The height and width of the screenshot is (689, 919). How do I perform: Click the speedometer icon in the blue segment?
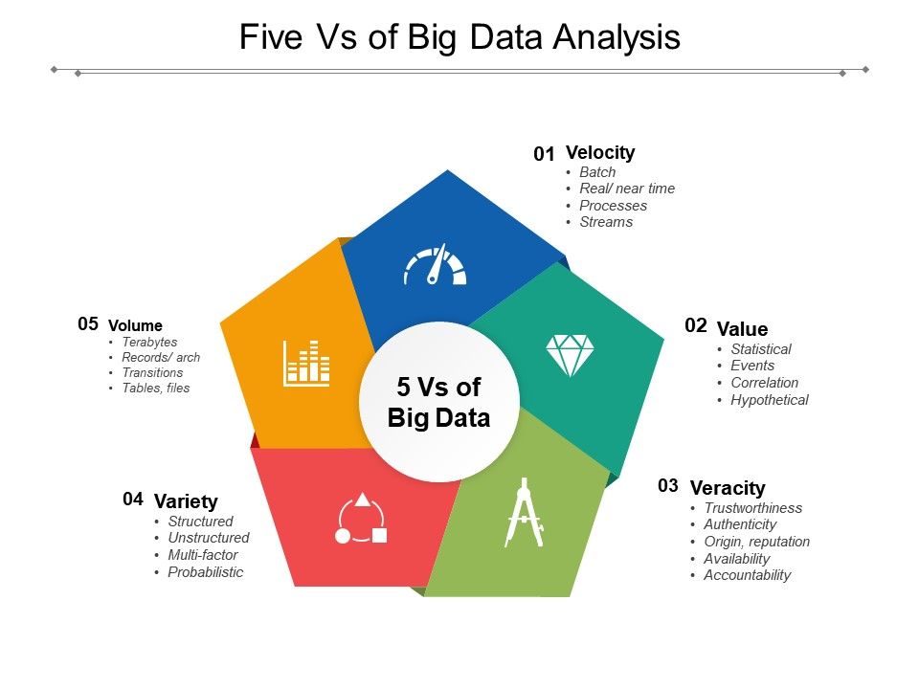pyautogui.click(x=435, y=266)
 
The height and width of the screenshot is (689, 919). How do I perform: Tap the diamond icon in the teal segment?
pyautogui.click(x=570, y=355)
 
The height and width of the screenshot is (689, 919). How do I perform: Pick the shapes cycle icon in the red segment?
pyautogui.click(x=362, y=519)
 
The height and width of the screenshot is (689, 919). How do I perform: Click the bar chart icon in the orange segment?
pyautogui.click(x=306, y=363)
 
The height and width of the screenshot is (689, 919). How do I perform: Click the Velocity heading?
pyautogui.click(x=600, y=152)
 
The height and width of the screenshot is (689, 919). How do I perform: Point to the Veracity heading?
pyautogui.click(x=728, y=488)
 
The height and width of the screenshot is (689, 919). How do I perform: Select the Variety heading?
pyautogui.click(x=186, y=501)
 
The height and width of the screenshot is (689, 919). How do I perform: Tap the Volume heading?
pyautogui.click(x=135, y=325)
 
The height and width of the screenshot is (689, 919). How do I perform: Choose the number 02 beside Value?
pyautogui.click(x=696, y=326)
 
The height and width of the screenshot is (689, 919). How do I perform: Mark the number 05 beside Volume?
pyautogui.click(x=88, y=324)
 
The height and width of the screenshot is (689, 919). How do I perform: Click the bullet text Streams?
pyautogui.click(x=606, y=222)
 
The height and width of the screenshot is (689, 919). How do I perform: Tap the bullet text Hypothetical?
pyautogui.click(x=770, y=400)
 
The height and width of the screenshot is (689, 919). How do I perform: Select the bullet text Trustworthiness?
pyautogui.click(x=753, y=508)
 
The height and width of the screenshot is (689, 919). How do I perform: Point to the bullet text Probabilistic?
pyautogui.click(x=206, y=572)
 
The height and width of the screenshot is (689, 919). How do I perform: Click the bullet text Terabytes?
pyautogui.click(x=149, y=342)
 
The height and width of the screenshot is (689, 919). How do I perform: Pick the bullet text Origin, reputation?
pyautogui.click(x=756, y=542)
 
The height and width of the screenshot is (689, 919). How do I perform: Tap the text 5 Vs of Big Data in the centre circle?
pyautogui.click(x=439, y=402)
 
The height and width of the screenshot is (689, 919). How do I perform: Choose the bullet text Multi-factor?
pyautogui.click(x=203, y=555)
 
